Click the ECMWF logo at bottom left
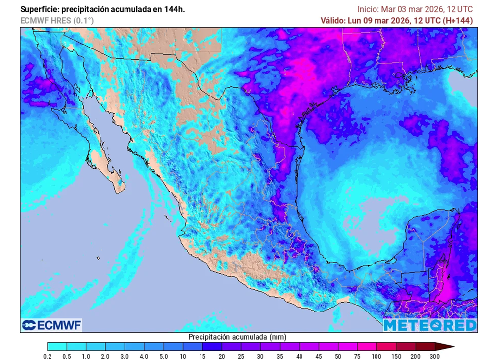click(x=51, y=325)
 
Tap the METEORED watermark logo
click(x=429, y=325)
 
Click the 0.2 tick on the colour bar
click(x=48, y=356)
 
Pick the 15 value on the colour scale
click(x=202, y=356)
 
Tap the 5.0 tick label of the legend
click(x=163, y=356)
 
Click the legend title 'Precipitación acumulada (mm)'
click(x=237, y=337)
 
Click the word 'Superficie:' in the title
click(x=40, y=9)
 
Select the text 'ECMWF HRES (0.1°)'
click(x=57, y=20)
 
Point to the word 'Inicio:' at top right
click(x=368, y=9)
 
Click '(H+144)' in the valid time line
click(x=458, y=20)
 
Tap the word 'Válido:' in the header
click(x=332, y=20)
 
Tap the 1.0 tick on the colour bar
click(x=86, y=356)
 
